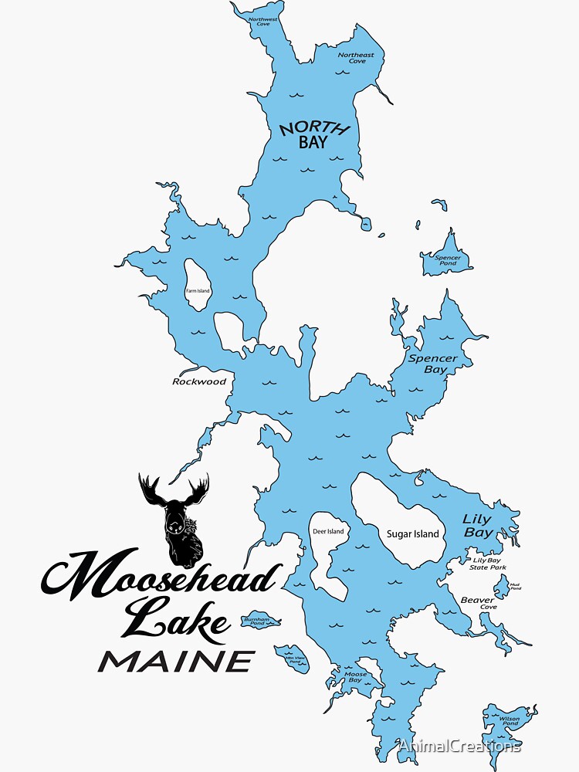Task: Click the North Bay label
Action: point(314,134)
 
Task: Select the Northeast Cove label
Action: point(356,58)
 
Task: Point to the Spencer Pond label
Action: point(448,261)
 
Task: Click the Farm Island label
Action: point(198,291)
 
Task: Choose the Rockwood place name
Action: point(199,381)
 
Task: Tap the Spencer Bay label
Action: point(433,364)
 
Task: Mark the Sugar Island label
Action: point(412,533)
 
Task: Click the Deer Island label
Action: point(328,531)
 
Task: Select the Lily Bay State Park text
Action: point(488,564)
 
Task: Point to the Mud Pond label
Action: point(515,587)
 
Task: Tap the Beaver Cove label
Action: point(479,603)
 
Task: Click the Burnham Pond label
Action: point(256,621)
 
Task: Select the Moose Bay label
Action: point(355,677)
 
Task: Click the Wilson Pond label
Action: point(510,721)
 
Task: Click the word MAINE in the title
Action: point(177,661)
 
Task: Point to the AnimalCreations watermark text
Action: point(459,746)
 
